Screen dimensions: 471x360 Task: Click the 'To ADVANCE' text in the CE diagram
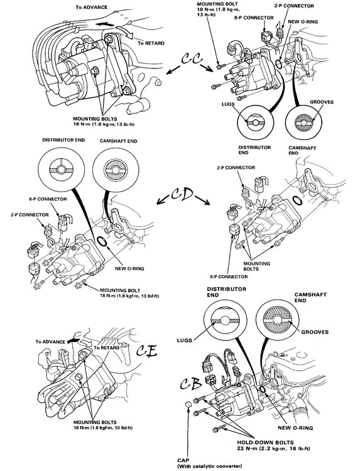(51, 342)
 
